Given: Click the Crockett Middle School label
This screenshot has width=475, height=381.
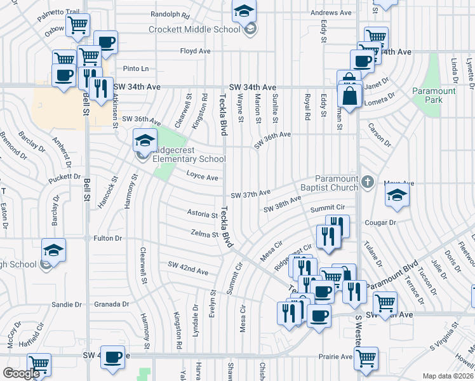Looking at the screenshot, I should click(194, 29).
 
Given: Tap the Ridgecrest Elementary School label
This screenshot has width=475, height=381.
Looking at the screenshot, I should click(184, 159).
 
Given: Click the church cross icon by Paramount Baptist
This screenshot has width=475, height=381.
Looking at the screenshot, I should click(366, 183).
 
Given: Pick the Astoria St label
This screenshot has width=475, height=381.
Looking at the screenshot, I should click(202, 213).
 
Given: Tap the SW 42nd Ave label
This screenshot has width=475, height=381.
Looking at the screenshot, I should click(188, 268).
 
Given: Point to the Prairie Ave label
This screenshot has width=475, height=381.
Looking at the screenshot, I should click(336, 357).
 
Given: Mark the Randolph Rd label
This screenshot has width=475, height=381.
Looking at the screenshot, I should click(171, 14).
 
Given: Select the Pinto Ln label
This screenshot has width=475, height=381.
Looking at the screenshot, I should click(135, 69).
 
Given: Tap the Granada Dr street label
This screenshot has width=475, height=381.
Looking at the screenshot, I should click(112, 304).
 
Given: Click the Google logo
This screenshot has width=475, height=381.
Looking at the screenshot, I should click(21, 373).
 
